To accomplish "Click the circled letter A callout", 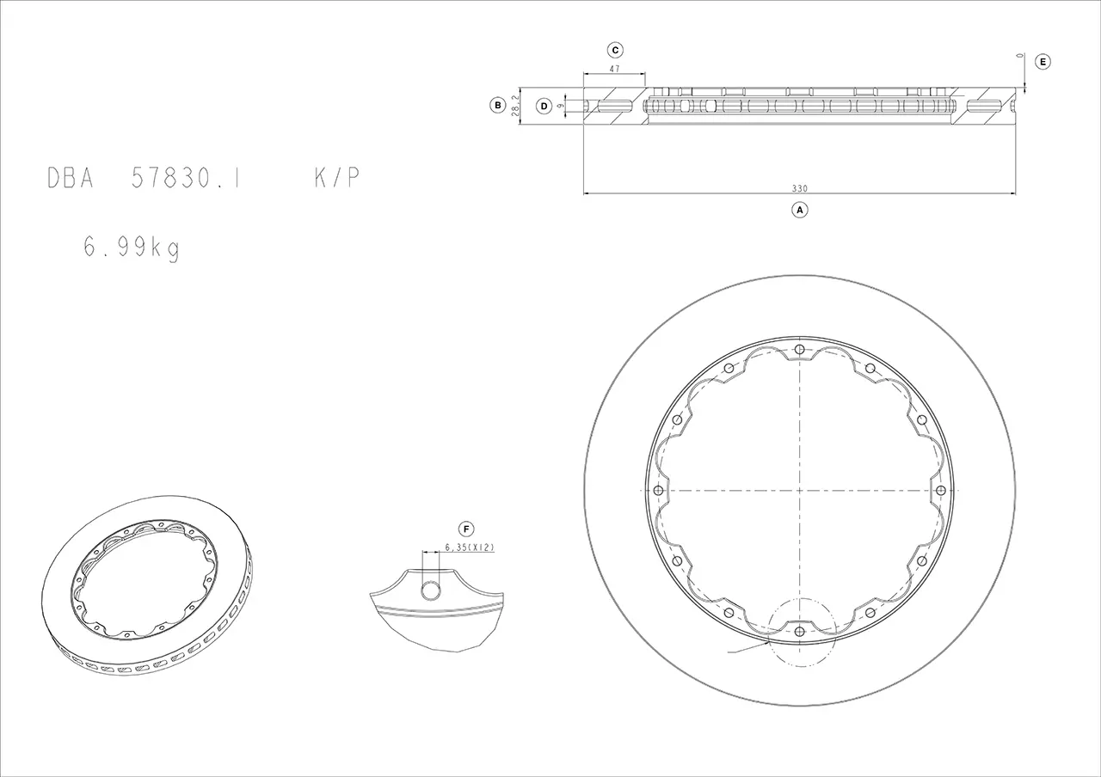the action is pyautogui.click(x=800, y=210).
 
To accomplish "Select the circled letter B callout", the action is pyautogui.click(x=498, y=105).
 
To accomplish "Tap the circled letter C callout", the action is pyautogui.click(x=615, y=50).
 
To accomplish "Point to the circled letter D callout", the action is pyautogui.click(x=544, y=106).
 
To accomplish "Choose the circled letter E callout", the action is pyautogui.click(x=1043, y=62).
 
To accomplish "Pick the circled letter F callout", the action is pyautogui.click(x=466, y=529).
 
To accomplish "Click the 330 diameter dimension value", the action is pyautogui.click(x=800, y=188).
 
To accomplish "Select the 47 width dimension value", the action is pyautogui.click(x=614, y=70).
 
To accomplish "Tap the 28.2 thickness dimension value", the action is pyautogui.click(x=515, y=106).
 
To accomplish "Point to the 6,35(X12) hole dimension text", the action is pyautogui.click(x=470, y=548).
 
